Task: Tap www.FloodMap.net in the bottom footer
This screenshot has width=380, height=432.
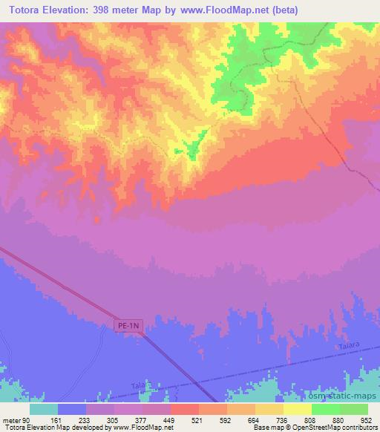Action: click(149, 428)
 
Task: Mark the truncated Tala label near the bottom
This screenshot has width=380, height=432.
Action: click(136, 385)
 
